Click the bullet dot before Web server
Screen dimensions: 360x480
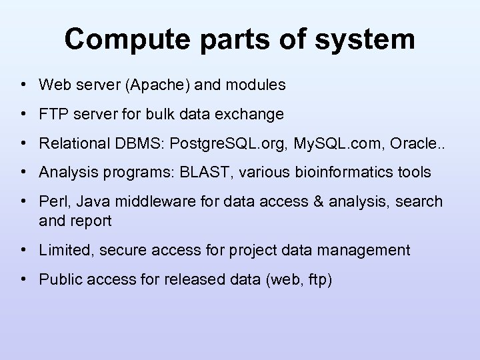coord(23,85)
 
